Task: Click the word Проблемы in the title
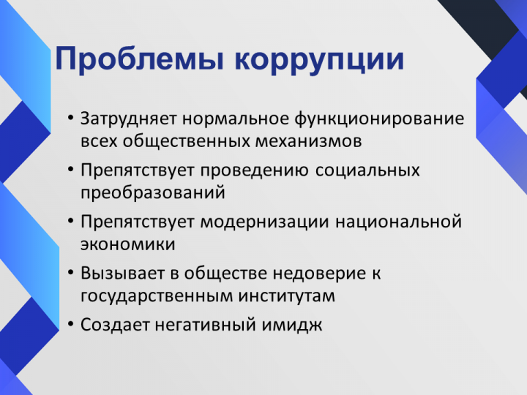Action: tap(140, 59)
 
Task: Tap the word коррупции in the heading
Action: tap(319, 61)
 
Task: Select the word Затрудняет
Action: tap(128, 119)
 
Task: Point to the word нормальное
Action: tap(236, 119)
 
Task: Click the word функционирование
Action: tap(379, 119)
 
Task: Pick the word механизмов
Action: tap(309, 141)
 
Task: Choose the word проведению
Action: tap(255, 171)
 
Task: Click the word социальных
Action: tap(367, 170)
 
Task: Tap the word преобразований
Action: tap(152, 193)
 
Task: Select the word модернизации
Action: tap(264, 222)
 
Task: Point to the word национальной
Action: tap(399, 222)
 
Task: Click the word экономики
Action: tap(127, 244)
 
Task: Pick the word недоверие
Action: tap(319, 274)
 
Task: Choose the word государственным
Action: tap(157, 296)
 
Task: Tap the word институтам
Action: tap(287, 296)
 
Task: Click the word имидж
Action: tap(292, 325)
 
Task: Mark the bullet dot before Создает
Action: tap(70, 324)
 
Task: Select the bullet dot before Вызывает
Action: tap(70, 272)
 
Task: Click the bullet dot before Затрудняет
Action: tap(70, 118)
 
